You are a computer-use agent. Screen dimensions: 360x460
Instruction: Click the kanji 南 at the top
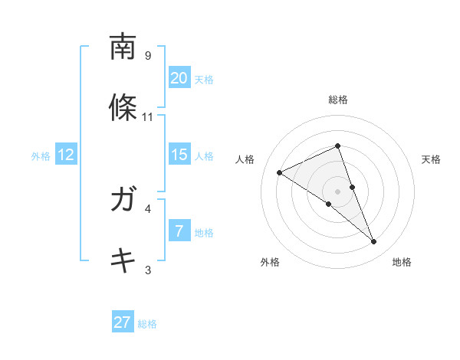point(123,48)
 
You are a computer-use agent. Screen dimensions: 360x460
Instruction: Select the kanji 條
point(123,107)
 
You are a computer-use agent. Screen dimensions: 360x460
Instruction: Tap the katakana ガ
point(123,201)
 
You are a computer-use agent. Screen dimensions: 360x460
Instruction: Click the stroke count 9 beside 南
point(148,56)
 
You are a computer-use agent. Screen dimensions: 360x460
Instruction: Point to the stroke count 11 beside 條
point(148,117)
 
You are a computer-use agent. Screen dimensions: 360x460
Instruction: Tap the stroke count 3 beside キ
point(148,270)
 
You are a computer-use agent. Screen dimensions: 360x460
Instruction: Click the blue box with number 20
point(179,78)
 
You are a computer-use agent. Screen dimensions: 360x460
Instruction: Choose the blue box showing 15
point(179,155)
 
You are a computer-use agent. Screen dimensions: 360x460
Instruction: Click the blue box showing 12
point(66,155)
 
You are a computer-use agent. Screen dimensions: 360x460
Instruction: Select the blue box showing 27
point(123,322)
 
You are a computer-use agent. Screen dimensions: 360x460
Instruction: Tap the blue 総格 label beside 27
point(147,324)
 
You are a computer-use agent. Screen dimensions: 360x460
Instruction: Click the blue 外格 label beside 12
point(41,156)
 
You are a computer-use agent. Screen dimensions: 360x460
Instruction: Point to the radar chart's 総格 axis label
point(338,100)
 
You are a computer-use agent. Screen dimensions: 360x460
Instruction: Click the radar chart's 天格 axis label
point(432,159)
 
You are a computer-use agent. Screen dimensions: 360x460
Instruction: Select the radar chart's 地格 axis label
point(402,262)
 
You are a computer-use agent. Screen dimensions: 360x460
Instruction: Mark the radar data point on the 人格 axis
point(280,172)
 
